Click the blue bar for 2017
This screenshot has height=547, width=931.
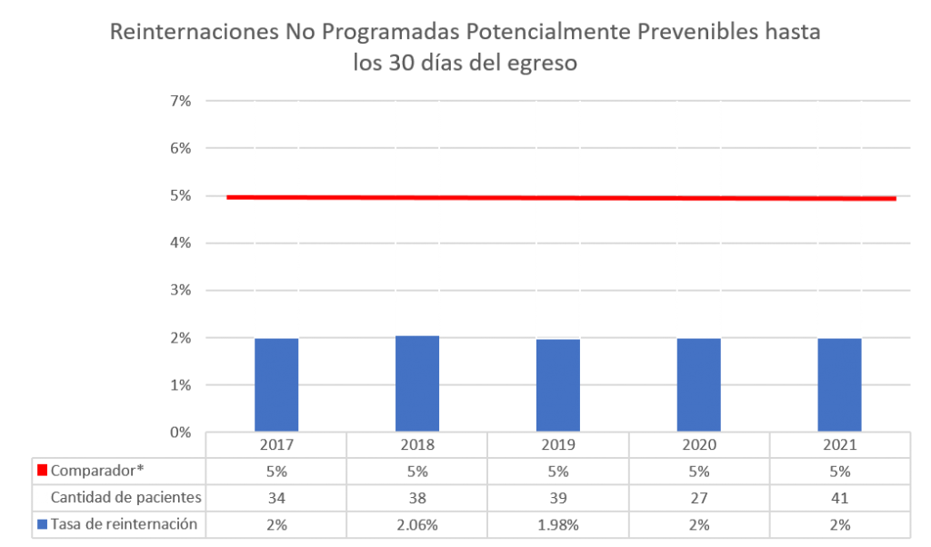pyautogui.click(x=276, y=384)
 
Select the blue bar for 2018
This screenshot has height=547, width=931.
pyautogui.click(x=417, y=383)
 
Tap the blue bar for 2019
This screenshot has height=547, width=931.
pyautogui.click(x=557, y=384)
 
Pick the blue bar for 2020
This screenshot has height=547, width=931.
pyautogui.click(x=698, y=384)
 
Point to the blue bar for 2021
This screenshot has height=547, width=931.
pyautogui.click(x=839, y=384)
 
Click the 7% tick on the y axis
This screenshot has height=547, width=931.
pyautogui.click(x=180, y=100)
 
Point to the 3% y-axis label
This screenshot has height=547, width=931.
pyautogui.click(x=180, y=290)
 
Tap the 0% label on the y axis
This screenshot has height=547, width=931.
pyautogui.click(x=180, y=433)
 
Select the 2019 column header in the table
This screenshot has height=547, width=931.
pyautogui.click(x=557, y=445)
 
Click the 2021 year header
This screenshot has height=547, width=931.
pyautogui.click(x=839, y=445)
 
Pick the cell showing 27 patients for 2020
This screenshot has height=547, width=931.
pyautogui.click(x=698, y=497)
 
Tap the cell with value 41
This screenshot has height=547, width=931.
pyautogui.click(x=839, y=497)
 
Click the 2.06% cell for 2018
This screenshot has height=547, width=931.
pyautogui.click(x=417, y=524)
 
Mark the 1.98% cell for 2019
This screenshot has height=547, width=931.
pyautogui.click(x=557, y=524)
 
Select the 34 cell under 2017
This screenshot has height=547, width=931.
pyautogui.click(x=276, y=497)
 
